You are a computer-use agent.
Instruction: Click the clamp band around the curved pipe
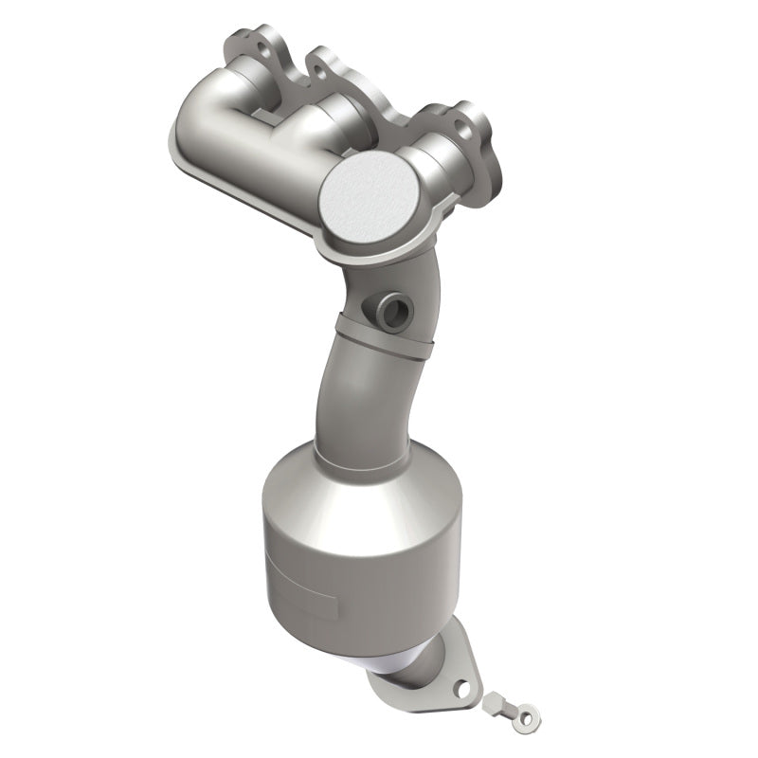click(379, 337)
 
